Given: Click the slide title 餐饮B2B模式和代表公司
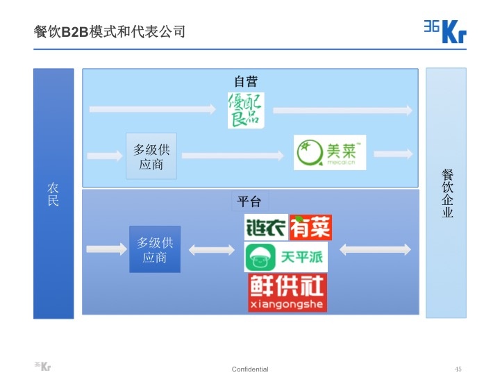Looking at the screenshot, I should [109, 31].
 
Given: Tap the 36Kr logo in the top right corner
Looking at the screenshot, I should [444, 31].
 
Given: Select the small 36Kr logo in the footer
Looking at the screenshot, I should [42, 366].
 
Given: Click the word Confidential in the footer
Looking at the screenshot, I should [250, 369].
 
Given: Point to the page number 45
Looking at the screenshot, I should [458, 369].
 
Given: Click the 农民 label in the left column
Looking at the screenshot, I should [53, 194].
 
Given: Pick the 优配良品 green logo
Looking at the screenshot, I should [246, 110].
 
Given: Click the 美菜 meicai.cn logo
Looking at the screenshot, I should [329, 153].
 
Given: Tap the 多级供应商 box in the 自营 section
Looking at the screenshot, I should [151, 156].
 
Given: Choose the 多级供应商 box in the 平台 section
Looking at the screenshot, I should [154, 249].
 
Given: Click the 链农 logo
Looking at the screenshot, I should [266, 227].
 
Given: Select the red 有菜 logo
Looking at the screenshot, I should [310, 227].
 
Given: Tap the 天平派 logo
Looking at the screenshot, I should [285, 257].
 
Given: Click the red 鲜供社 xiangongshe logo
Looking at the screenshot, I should [287, 292].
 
